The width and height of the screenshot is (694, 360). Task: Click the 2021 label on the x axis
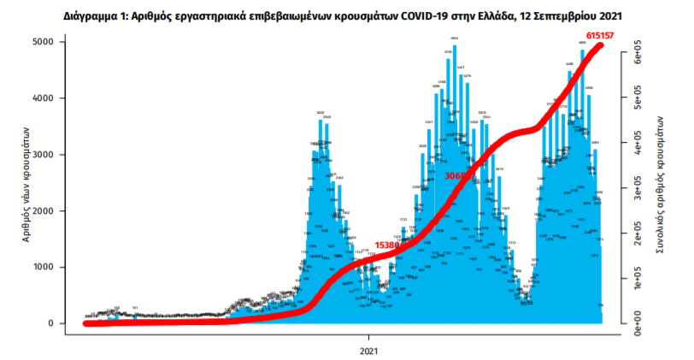click(370, 351)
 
